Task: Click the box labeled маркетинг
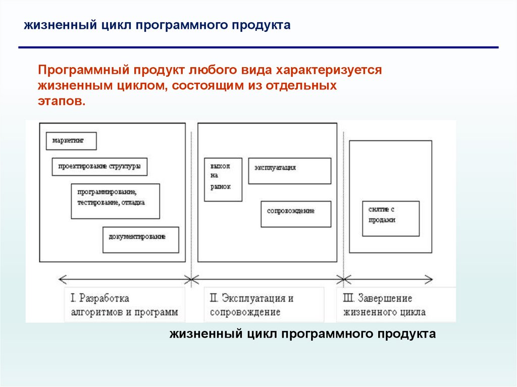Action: [x=71, y=141]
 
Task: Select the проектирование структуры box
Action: [x=99, y=167]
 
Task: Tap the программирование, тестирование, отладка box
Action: [x=115, y=201]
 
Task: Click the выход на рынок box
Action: [x=222, y=180]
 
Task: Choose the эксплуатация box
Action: [x=289, y=171]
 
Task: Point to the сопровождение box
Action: [x=296, y=214]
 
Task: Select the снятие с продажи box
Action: [x=391, y=218]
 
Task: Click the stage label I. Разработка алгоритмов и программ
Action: [x=124, y=305]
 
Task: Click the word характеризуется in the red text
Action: [x=333, y=70]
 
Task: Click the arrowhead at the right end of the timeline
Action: [x=429, y=278]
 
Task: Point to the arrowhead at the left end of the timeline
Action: [x=62, y=278]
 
